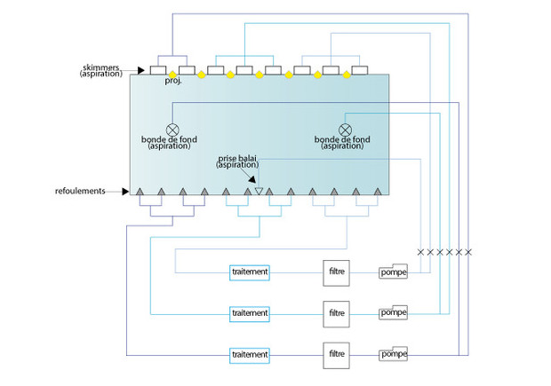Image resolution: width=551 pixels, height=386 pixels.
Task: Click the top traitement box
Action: (x=249, y=272)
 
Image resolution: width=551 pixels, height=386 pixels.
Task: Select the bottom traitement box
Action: (x=249, y=354)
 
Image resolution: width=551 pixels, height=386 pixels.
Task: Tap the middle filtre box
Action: (x=337, y=313)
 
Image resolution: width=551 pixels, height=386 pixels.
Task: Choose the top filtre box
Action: (x=337, y=272)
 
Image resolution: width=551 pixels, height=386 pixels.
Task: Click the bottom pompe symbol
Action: (x=394, y=354)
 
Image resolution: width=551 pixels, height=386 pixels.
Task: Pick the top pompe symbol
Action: (x=394, y=272)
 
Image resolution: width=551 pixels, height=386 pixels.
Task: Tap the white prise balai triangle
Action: (x=260, y=191)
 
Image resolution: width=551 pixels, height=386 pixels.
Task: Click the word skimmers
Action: (x=103, y=66)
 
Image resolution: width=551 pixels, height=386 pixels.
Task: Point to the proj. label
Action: (x=172, y=82)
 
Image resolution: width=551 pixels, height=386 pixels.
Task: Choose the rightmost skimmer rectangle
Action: (x=360, y=70)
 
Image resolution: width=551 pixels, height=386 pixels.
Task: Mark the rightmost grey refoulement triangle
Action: (x=378, y=191)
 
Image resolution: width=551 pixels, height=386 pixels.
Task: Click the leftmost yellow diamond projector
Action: (x=172, y=75)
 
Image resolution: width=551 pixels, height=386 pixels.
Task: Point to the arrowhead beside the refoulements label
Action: (x=127, y=191)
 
